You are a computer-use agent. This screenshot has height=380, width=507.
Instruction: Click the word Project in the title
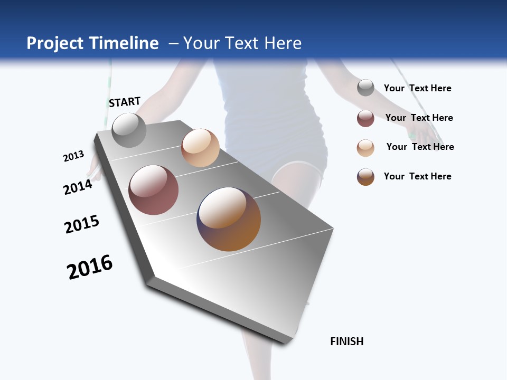55,43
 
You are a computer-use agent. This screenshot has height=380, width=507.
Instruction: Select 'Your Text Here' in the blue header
242,43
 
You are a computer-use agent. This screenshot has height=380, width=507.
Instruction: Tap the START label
125,102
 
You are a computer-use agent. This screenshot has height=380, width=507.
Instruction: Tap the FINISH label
347,341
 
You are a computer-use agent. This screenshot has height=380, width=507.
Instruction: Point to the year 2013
73,156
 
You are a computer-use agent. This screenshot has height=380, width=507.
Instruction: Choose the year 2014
78,187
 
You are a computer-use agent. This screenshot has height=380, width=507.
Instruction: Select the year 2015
82,224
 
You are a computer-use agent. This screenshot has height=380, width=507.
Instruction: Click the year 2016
90,267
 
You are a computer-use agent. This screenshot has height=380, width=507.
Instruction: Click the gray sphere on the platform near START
129,130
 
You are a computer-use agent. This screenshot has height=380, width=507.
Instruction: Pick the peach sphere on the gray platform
200,148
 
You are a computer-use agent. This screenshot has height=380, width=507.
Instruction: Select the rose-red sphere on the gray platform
154,190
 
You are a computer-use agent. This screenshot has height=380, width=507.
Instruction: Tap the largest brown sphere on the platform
229,219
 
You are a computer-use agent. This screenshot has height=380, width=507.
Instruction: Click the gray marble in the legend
365,88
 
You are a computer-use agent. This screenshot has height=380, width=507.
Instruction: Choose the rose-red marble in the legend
365,118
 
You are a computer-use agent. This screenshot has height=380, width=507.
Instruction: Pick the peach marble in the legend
365,148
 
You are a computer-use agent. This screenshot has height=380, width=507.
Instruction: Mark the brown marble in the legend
365,177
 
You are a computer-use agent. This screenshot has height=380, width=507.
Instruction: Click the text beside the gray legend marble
417,89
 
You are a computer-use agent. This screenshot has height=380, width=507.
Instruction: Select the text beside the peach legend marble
420,147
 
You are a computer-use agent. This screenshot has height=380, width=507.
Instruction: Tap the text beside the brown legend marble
417,176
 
